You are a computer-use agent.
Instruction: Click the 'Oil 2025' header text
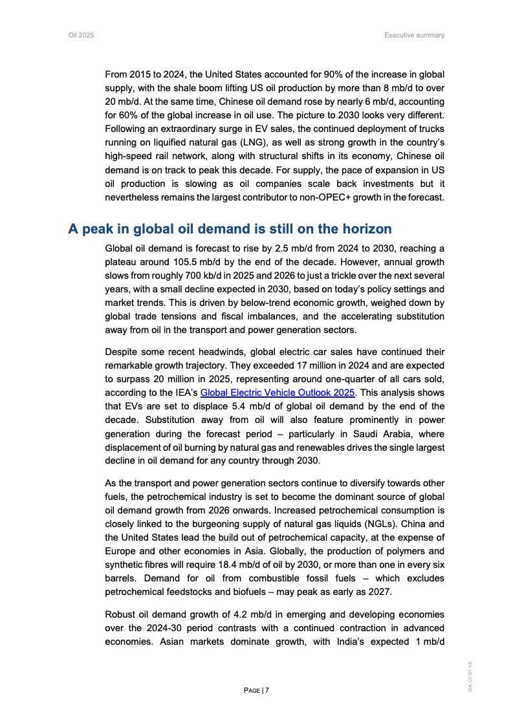click(81, 35)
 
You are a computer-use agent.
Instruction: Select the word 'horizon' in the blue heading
click(367, 229)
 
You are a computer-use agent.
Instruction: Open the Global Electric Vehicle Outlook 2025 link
click(278, 393)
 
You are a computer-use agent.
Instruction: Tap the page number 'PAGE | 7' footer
click(256, 690)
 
